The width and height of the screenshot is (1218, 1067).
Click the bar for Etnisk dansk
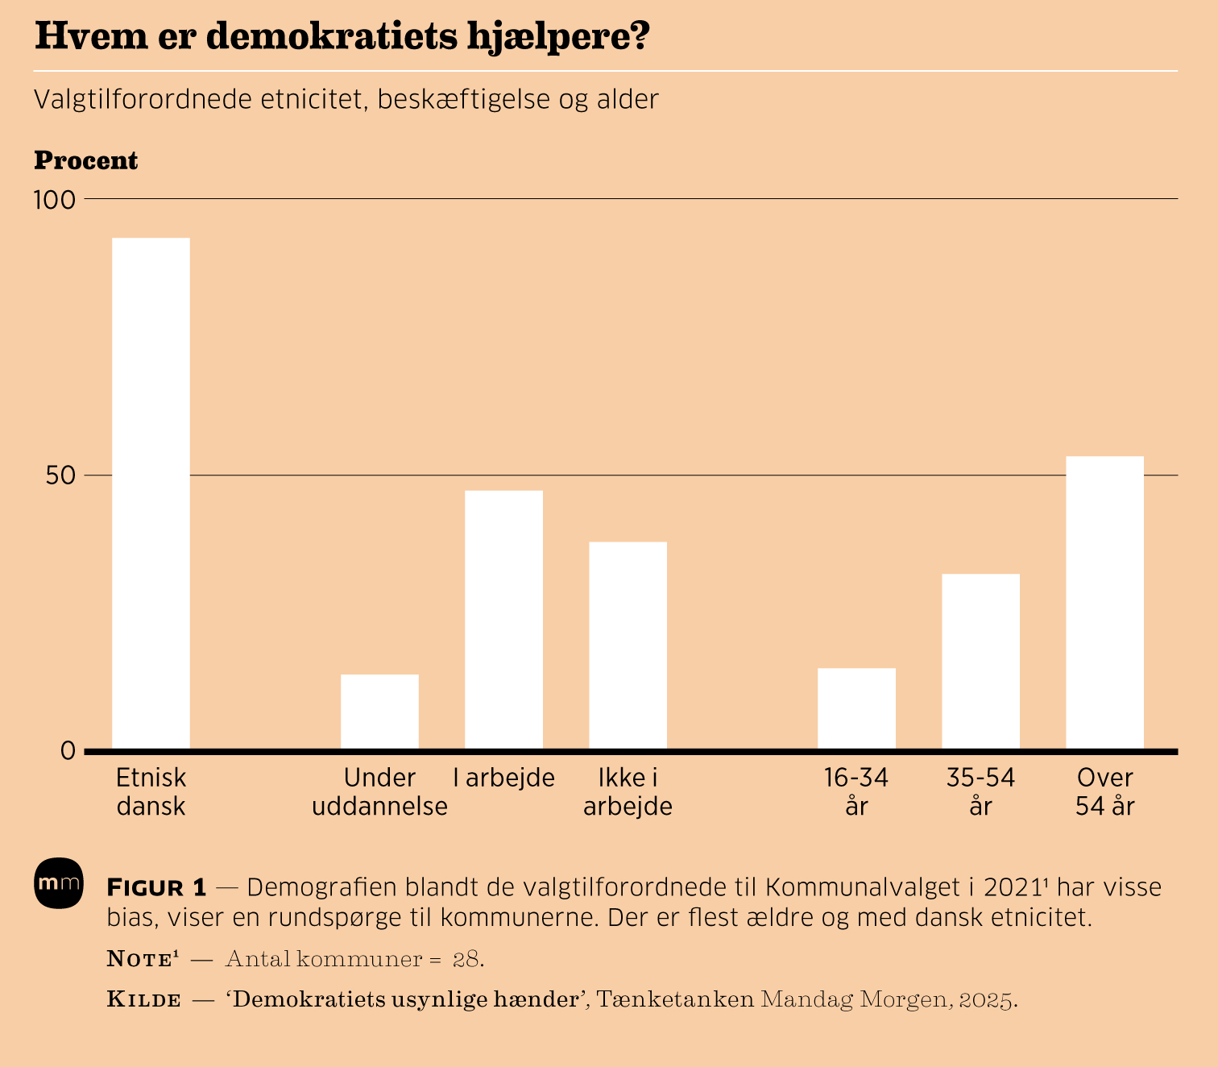coord(151,493)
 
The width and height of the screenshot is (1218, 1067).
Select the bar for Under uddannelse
coord(379,712)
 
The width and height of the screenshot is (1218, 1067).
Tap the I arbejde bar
coord(503,620)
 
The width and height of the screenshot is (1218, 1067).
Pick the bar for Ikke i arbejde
coord(628,646)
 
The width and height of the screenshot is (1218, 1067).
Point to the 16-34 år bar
coord(856,708)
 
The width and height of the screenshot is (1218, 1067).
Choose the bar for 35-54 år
coord(980,662)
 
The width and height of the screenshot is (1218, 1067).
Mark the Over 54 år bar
coord(1104,603)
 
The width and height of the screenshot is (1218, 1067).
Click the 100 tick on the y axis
coord(54,199)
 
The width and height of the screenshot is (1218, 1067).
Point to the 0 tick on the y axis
coord(68,751)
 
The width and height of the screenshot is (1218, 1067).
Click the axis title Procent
coord(86,161)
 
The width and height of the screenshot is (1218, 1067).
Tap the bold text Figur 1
coord(157,888)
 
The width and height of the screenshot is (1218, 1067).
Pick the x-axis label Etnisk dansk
coord(151,791)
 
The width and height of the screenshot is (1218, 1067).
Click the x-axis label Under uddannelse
coord(379,791)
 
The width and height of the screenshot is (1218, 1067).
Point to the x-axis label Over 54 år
coord(1104,791)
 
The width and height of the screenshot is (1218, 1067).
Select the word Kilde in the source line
coord(144,1000)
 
